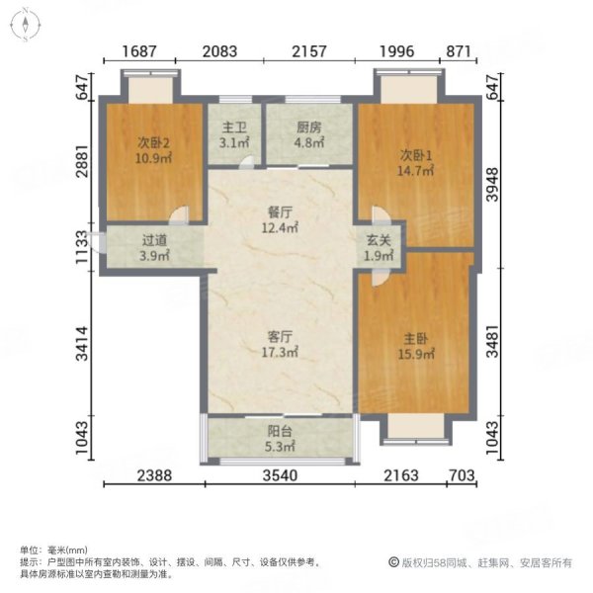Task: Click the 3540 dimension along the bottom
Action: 281,476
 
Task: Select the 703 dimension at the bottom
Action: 461,476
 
